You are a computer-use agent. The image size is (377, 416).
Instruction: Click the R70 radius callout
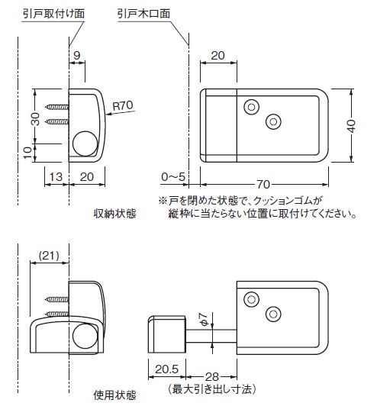123,106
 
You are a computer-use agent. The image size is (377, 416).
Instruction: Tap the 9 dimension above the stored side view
76,56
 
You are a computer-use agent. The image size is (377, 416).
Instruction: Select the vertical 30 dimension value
35,119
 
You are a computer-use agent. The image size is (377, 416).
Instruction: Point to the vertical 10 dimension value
27,153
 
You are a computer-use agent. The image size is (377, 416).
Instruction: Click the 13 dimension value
56,176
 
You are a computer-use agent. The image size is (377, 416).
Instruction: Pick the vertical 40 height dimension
351,126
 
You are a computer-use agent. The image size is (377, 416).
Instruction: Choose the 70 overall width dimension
263,185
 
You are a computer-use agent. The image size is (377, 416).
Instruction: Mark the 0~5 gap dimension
173,176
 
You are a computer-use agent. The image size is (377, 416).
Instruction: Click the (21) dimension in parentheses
49,256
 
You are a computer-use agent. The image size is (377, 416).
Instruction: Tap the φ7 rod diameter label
203,319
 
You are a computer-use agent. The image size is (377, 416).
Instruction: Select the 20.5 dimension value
166,369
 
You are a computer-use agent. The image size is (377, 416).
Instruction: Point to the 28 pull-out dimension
211,377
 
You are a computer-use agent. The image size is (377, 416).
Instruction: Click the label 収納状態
115,214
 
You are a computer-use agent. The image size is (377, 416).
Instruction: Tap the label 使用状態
115,395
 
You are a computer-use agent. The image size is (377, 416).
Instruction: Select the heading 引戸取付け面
53,14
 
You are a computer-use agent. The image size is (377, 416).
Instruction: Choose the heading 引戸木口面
143,14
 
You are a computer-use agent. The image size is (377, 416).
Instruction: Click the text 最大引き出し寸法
211,389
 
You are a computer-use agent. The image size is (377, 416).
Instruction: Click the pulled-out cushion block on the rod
166,334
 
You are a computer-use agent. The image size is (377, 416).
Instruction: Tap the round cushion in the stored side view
85,144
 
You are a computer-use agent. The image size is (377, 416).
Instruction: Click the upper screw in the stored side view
56,107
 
